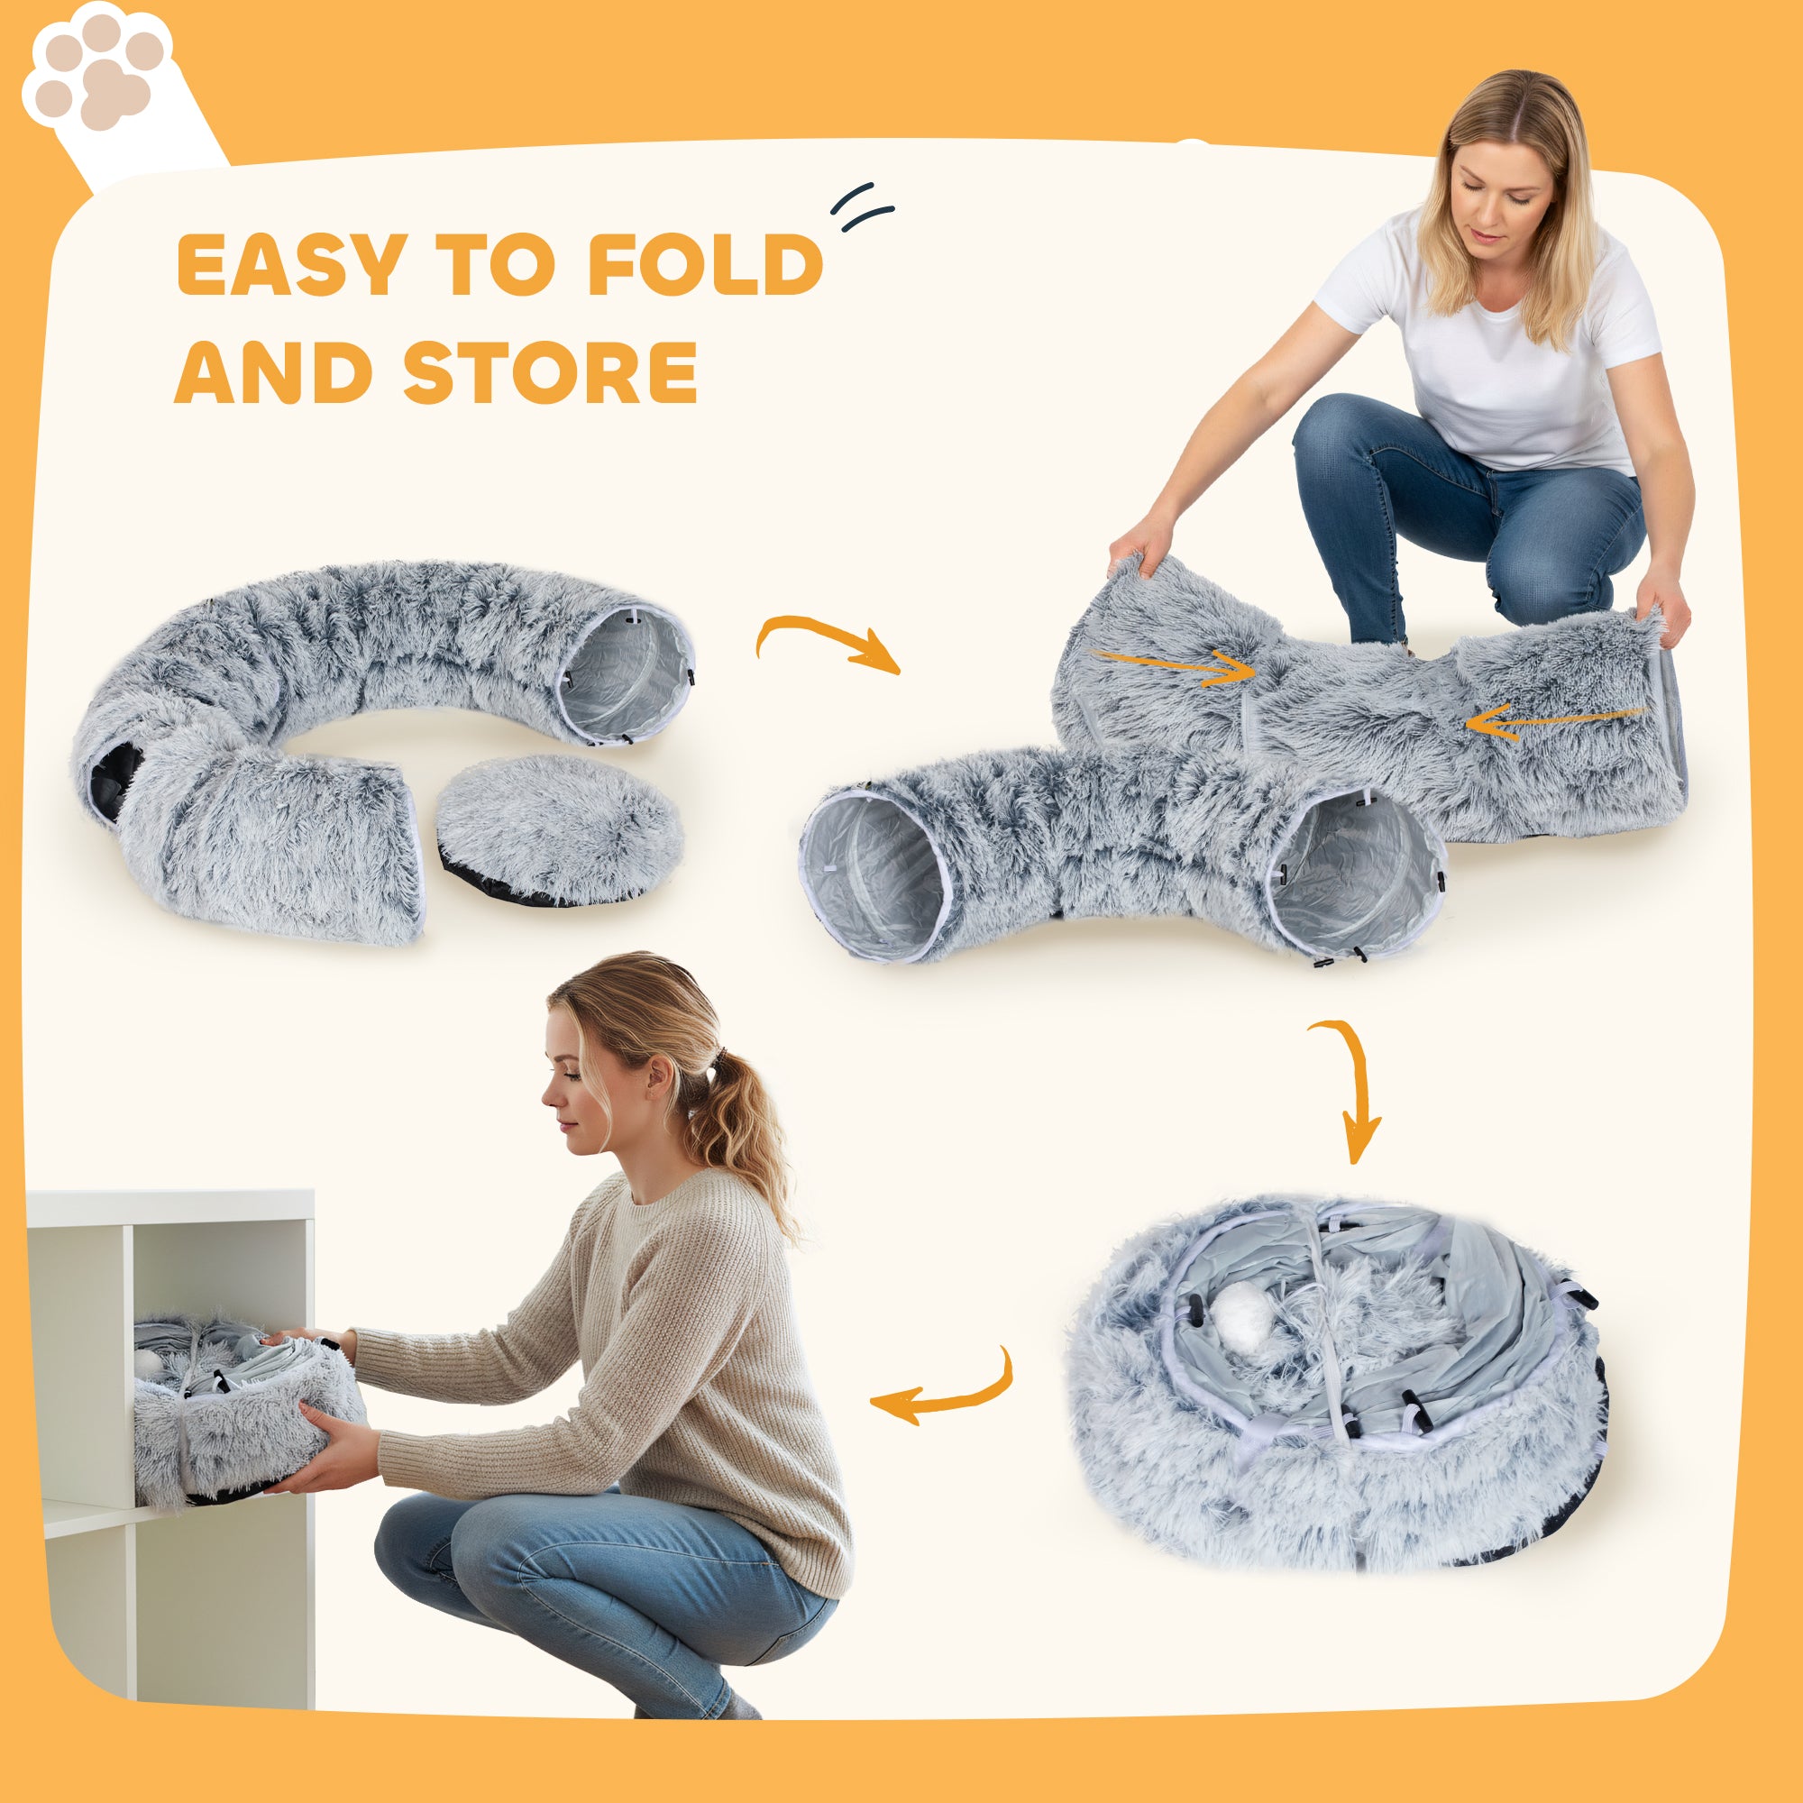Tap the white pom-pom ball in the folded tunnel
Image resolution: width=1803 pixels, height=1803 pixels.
[1241, 1313]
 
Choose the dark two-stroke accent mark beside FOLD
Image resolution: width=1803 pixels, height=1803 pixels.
[864, 207]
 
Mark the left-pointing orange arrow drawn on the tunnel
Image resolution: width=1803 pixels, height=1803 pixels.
[1554, 720]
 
